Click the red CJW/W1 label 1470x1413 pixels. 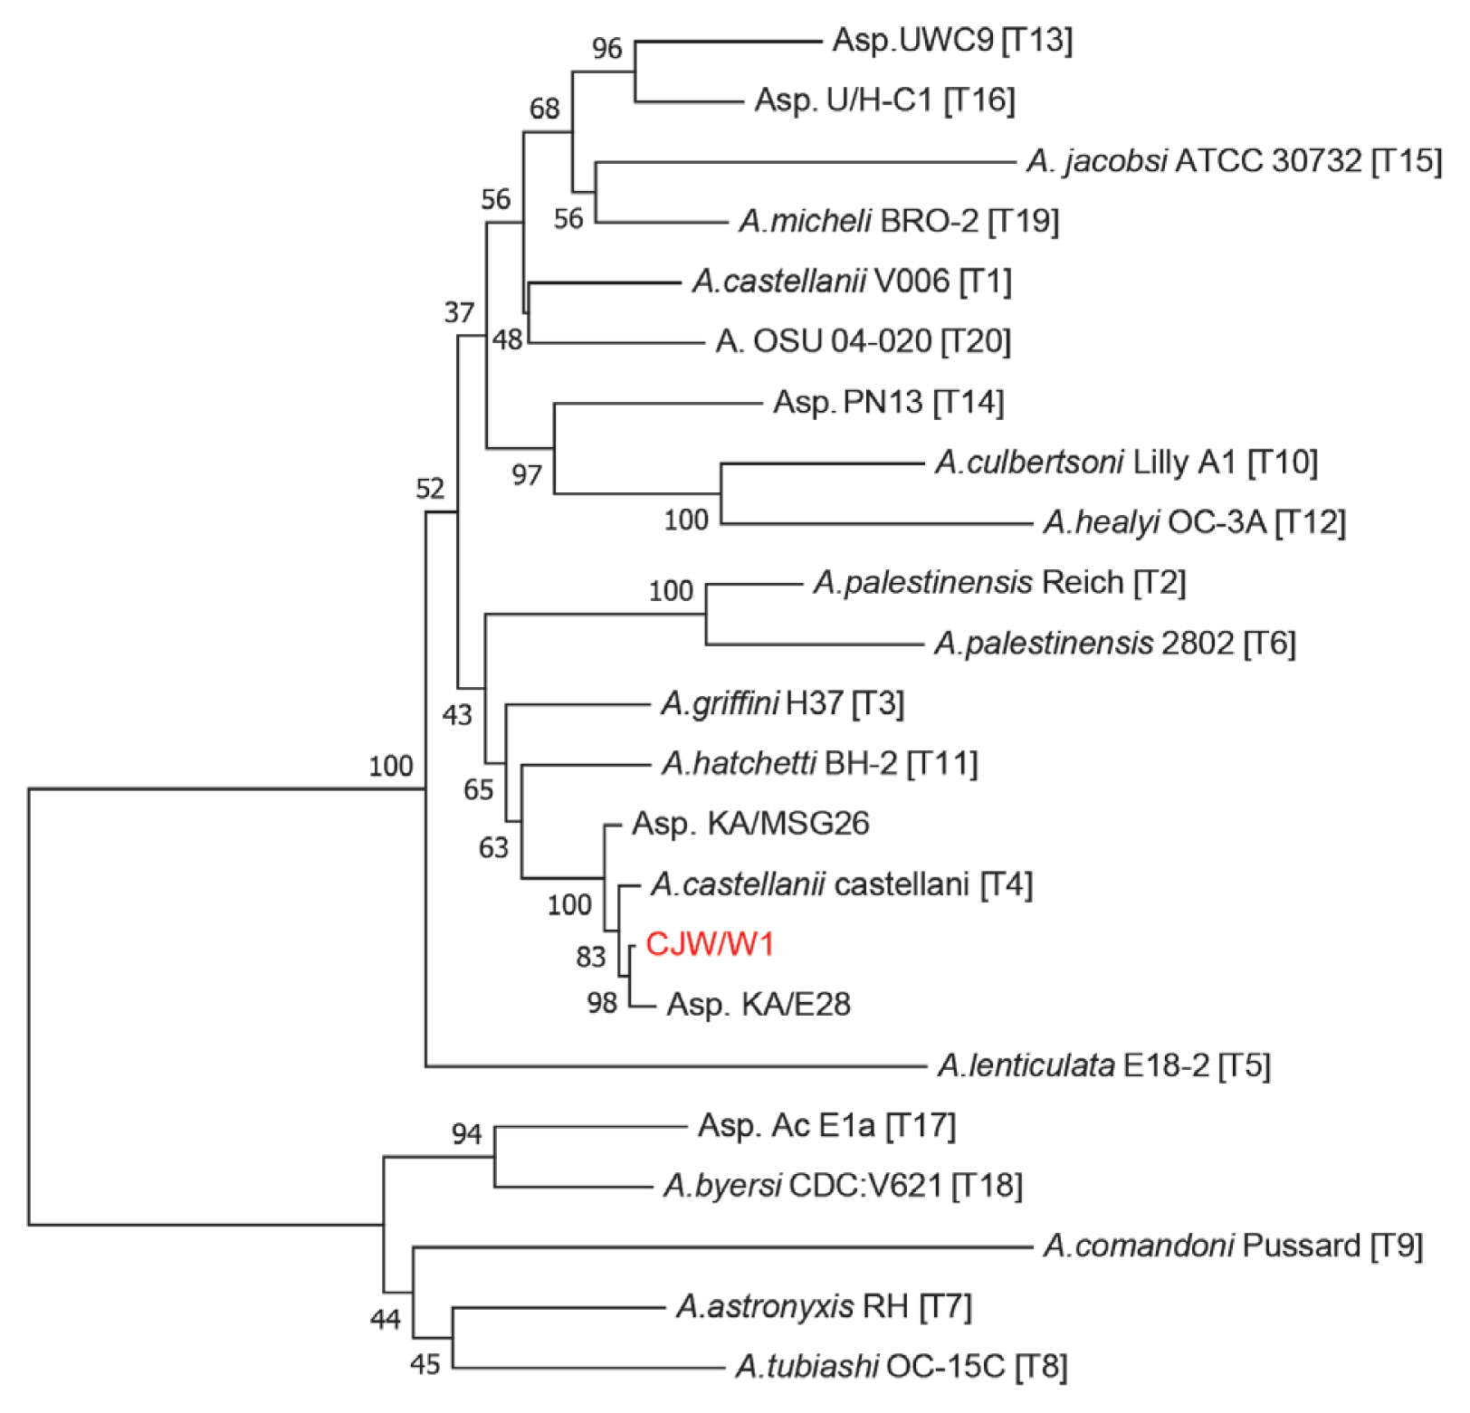[x=710, y=944]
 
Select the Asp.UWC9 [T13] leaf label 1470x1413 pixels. [x=952, y=40]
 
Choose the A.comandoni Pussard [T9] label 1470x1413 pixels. [x=1233, y=1246]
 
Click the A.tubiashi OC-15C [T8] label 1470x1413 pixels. [x=901, y=1366]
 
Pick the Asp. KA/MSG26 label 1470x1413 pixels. [x=750, y=824]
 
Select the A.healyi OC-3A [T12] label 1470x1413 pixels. [x=1194, y=522]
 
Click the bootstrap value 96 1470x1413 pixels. [x=607, y=49]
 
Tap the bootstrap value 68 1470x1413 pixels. [x=544, y=109]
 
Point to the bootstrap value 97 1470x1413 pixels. [x=526, y=475]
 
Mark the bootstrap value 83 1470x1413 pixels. [x=590, y=957]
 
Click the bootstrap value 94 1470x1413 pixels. [x=466, y=1133]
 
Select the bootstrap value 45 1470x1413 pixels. [x=425, y=1364]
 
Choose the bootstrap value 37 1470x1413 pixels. [x=459, y=312]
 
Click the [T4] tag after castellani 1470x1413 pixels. [x=1006, y=884]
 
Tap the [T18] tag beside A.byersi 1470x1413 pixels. [x=987, y=1186]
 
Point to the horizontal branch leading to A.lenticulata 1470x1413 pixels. [x=679, y=1066]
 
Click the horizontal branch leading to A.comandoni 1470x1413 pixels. [x=724, y=1247]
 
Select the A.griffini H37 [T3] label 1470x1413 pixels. [x=782, y=703]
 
